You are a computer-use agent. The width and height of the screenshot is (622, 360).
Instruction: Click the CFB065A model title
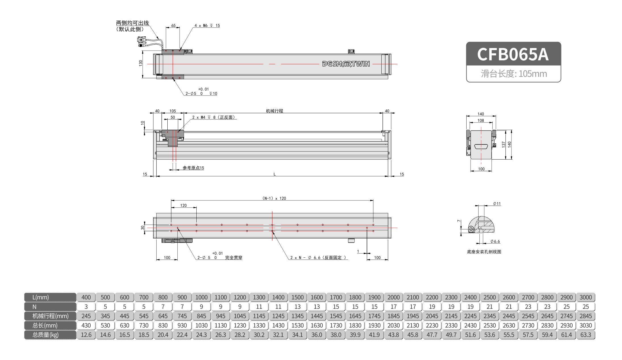click(x=513, y=54)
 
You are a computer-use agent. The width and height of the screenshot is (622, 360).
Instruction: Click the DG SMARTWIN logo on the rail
click(x=346, y=64)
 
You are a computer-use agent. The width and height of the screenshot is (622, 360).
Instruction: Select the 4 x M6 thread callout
click(x=207, y=26)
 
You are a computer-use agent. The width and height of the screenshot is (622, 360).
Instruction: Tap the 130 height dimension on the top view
click(x=141, y=63)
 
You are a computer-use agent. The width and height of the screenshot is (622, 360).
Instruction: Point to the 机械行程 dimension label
click(x=274, y=111)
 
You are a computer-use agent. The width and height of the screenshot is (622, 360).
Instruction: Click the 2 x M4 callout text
click(x=214, y=117)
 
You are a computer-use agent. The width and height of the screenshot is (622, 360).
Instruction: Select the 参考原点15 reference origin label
click(x=193, y=168)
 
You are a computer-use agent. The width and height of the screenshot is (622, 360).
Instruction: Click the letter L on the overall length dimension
click(x=274, y=174)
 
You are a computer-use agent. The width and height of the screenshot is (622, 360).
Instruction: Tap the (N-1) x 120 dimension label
click(x=274, y=198)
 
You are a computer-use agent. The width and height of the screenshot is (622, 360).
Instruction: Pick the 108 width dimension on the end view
click(x=481, y=120)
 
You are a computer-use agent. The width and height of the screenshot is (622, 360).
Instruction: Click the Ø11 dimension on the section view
click(x=497, y=204)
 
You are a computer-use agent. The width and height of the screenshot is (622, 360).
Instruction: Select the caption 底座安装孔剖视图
click(x=484, y=252)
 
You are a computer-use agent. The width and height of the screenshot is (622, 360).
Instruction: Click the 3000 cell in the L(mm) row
click(x=585, y=297)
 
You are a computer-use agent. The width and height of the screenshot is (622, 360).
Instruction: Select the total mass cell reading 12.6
click(x=86, y=335)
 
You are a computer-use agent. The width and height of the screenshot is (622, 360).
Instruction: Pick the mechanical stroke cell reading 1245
click(x=278, y=316)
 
